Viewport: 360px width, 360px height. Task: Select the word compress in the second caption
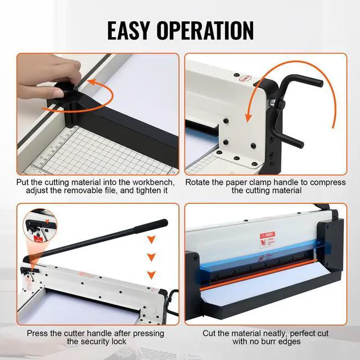tap(325, 183)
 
